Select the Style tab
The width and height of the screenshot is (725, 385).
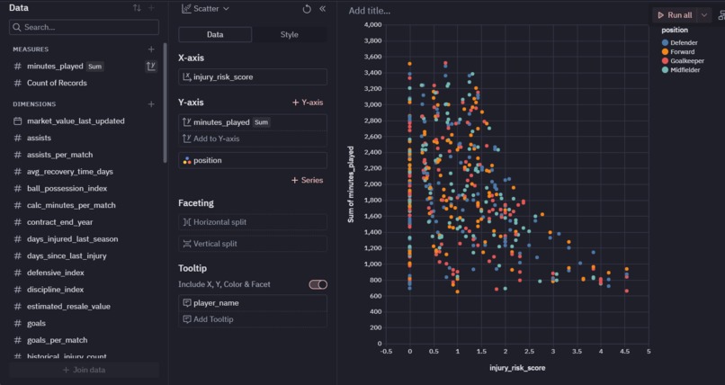pos(289,34)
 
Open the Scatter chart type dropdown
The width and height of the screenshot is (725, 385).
pos(205,8)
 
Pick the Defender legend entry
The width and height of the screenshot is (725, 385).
pos(684,42)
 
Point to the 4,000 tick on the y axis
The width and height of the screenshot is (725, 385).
pos(371,24)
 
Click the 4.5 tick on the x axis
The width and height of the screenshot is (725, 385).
pos(625,352)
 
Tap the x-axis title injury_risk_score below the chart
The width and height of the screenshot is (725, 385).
pos(517,367)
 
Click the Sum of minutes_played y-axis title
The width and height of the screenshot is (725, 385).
pos(352,184)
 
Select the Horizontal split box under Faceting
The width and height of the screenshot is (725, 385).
pos(252,222)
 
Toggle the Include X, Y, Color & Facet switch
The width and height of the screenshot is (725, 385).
pos(318,284)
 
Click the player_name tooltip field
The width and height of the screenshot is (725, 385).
pos(252,303)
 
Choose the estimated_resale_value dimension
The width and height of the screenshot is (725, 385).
pos(68,306)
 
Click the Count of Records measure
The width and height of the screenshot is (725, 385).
pos(57,83)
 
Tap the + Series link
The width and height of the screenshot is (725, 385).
pos(307,180)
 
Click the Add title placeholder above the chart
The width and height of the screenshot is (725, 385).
pos(370,11)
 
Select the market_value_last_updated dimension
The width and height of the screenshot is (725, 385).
pos(76,121)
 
